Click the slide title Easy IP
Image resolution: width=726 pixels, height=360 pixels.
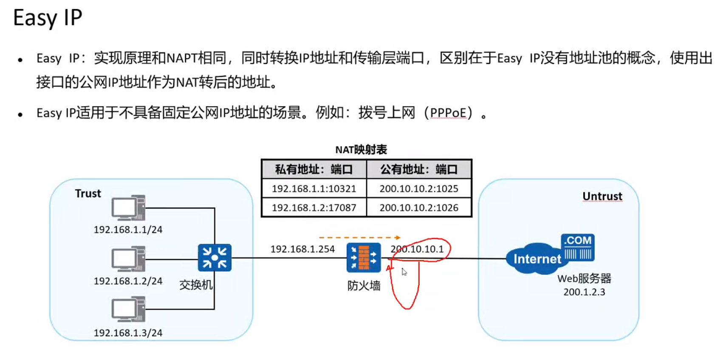click(x=48, y=18)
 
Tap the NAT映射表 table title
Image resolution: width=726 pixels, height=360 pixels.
click(x=361, y=150)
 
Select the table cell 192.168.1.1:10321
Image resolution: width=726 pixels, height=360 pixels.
click(x=314, y=188)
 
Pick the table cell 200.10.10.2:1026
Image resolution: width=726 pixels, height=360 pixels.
click(x=419, y=208)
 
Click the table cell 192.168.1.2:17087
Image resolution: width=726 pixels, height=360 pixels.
click(x=314, y=208)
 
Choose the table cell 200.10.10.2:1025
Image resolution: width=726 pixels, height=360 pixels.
click(x=419, y=188)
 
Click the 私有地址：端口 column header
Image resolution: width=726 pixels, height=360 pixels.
click(x=314, y=169)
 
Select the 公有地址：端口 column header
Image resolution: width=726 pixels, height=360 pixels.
click(x=419, y=169)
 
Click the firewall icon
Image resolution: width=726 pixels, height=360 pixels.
click(x=363, y=257)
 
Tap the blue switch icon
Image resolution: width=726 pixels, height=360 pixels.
click(x=215, y=257)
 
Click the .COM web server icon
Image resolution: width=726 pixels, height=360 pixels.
click(x=577, y=247)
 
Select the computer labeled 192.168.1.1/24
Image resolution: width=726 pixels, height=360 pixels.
click(x=128, y=208)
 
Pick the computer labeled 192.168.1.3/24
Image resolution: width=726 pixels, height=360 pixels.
click(x=128, y=309)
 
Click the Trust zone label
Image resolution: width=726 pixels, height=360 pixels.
click(x=88, y=194)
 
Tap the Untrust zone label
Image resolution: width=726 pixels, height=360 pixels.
click(x=602, y=197)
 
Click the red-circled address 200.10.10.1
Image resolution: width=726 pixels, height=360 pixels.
click(x=417, y=249)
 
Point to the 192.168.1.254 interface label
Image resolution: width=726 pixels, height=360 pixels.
click(x=302, y=249)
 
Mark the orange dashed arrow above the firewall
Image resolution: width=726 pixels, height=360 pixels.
click(x=359, y=238)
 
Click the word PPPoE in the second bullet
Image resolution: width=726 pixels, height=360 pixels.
click(x=448, y=113)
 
